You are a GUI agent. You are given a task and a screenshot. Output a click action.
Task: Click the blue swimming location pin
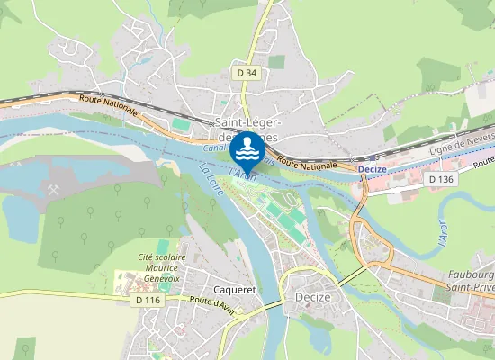point(246,148)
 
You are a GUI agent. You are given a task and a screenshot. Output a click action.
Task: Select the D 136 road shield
point(440,179)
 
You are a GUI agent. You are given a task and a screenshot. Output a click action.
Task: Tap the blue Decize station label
point(372,169)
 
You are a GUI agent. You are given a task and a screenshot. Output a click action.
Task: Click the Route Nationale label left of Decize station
point(307,163)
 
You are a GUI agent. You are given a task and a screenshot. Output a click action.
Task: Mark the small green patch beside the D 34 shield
point(275,63)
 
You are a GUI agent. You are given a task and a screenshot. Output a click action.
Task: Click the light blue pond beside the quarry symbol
point(18,216)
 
